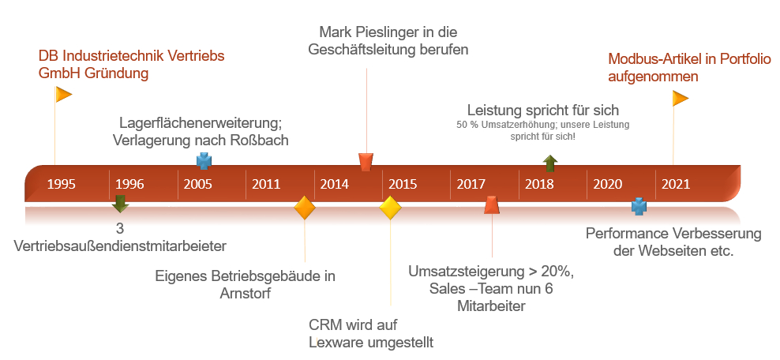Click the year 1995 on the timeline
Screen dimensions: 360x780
(62, 185)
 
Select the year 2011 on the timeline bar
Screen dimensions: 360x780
(266, 185)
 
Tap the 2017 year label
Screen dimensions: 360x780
(471, 185)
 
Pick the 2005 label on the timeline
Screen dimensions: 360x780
(197, 185)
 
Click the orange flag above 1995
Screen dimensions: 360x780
(63, 95)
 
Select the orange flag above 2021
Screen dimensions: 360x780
(680, 99)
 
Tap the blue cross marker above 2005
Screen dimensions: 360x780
(204, 161)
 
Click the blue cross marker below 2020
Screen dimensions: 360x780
(639, 208)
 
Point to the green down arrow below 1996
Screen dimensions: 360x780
(120, 204)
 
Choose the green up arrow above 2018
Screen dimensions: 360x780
(550, 163)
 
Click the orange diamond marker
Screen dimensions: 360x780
(305, 208)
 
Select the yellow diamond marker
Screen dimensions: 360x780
(391, 208)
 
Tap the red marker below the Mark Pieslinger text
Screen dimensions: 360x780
(366, 162)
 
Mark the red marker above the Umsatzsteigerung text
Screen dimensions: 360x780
(492, 205)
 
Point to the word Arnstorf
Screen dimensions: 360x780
(245, 294)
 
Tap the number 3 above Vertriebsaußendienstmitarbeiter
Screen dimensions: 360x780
(120, 229)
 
